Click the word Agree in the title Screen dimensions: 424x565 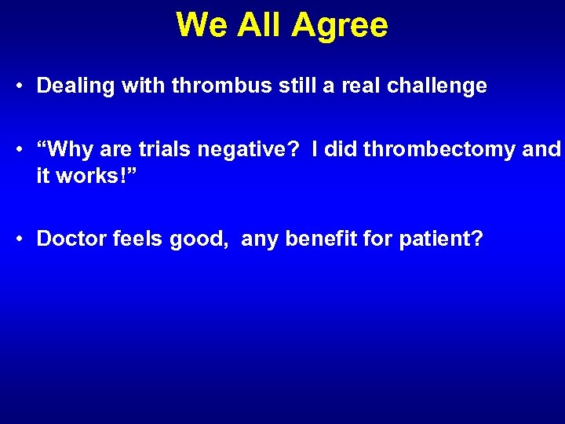pyautogui.click(x=340, y=25)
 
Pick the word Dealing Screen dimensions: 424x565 pyautogui.click(x=75, y=86)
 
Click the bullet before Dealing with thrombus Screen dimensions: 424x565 pyautogui.click(x=20, y=86)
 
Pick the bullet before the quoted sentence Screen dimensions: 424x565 pyautogui.click(x=20, y=150)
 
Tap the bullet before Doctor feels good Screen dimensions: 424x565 pyautogui.click(x=20, y=238)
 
